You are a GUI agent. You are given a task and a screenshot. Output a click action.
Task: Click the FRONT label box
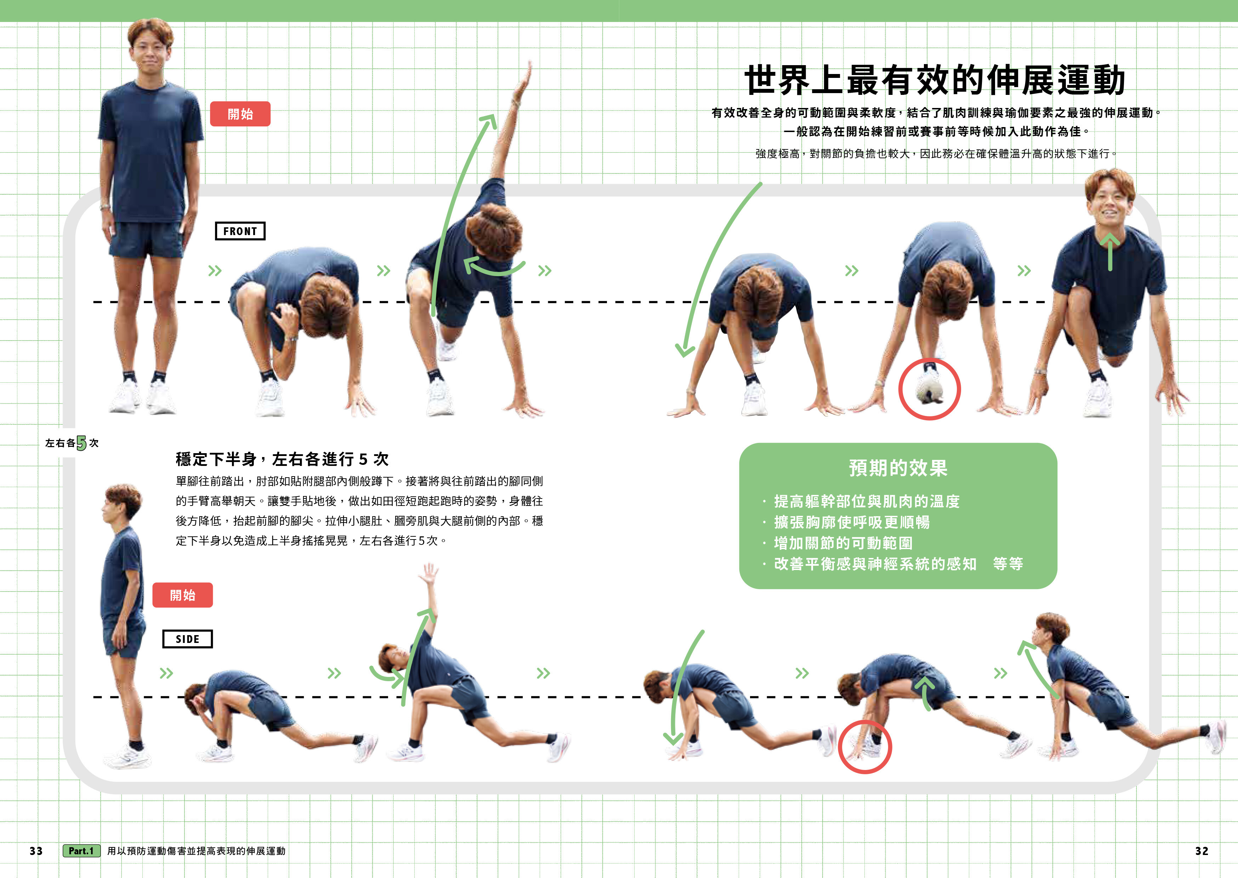(x=240, y=231)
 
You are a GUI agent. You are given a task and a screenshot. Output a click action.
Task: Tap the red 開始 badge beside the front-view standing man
(x=240, y=114)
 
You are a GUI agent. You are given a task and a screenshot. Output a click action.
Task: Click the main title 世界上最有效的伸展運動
(x=935, y=80)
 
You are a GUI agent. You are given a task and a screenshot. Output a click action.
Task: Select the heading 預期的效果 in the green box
(x=898, y=468)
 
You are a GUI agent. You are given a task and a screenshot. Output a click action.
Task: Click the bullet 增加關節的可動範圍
(x=844, y=543)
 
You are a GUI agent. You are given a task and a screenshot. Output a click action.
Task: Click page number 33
(x=36, y=851)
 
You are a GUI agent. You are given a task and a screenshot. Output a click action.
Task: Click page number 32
(x=1201, y=851)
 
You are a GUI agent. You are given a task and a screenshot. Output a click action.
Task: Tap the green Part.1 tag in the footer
(x=81, y=851)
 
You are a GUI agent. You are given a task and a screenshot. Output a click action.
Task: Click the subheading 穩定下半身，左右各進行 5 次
(x=282, y=460)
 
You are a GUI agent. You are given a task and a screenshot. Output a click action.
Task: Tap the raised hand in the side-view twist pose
(x=430, y=574)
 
